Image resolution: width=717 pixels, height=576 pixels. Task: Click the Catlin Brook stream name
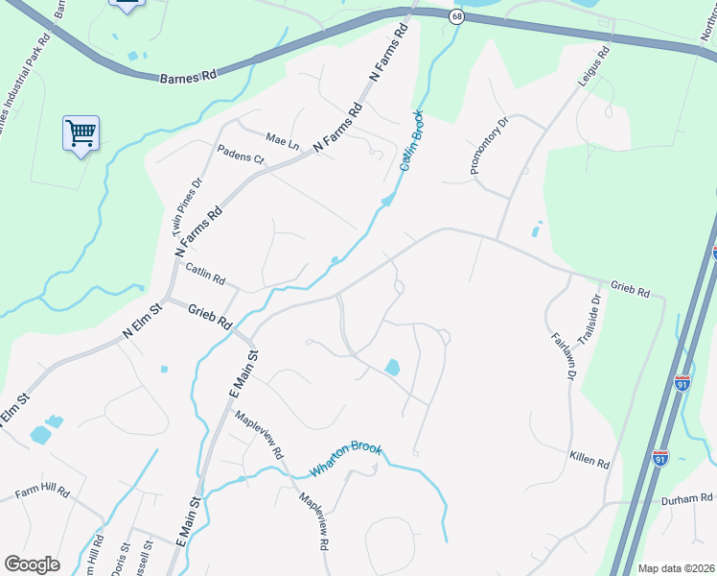pos(411,145)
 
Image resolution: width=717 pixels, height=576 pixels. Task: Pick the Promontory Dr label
pos(488,147)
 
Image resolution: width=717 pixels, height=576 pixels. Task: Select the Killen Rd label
pos(589,462)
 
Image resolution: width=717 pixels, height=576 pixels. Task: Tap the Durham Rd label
pos(686,499)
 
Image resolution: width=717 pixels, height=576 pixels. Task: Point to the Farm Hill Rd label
pos(42,492)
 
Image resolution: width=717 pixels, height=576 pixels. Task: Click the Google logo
pos(32,564)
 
